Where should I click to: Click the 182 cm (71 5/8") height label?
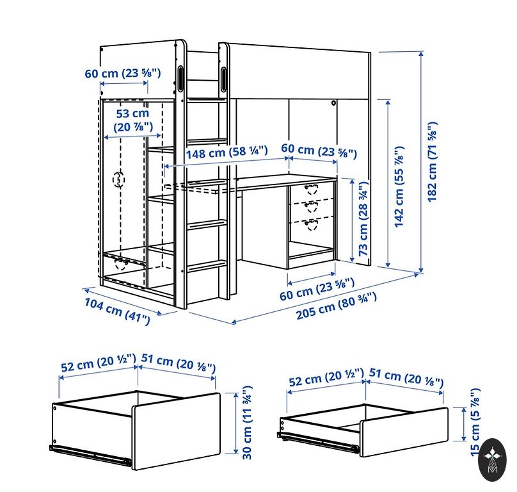[433, 162]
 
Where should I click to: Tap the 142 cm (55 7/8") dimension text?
[399, 186]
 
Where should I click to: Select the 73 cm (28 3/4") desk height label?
[363, 218]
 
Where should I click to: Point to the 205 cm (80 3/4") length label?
[337, 306]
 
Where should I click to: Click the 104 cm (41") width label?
[117, 311]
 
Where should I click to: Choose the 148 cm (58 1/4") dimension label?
[227, 152]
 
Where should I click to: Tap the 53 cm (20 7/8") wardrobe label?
[133, 120]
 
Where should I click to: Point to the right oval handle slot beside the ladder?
[223, 79]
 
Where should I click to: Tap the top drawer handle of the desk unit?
[311, 190]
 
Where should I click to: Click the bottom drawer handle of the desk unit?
[311, 224]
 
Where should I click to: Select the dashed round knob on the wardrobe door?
[119, 179]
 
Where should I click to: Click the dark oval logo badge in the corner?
[493, 459]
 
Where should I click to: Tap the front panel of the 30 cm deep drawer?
[177, 430]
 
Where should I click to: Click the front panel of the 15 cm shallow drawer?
[404, 432]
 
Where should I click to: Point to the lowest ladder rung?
[207, 266]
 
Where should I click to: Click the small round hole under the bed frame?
[333, 103]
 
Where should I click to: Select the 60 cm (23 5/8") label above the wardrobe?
[123, 73]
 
